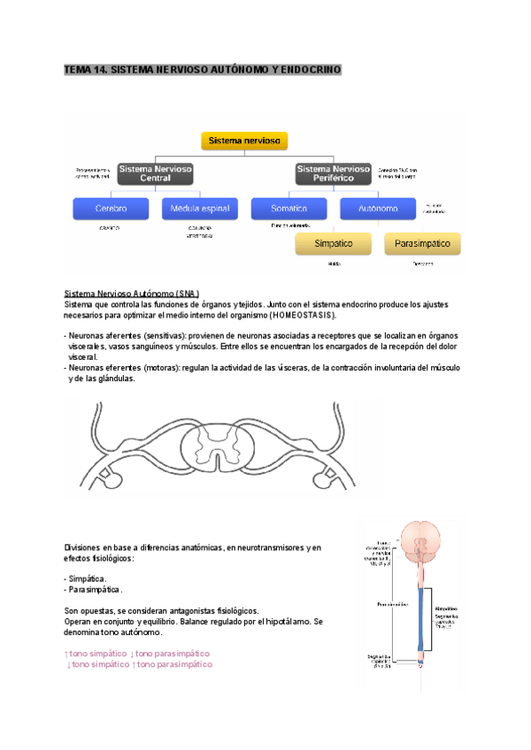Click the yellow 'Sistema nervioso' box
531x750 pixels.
[245, 141]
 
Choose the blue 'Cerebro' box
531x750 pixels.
[112, 209]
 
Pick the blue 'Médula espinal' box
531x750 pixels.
[200, 209]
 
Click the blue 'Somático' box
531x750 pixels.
[289, 209]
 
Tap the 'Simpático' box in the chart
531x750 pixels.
[334, 243]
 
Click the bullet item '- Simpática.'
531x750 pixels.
[86, 578]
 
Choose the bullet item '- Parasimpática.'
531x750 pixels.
[94, 590]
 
